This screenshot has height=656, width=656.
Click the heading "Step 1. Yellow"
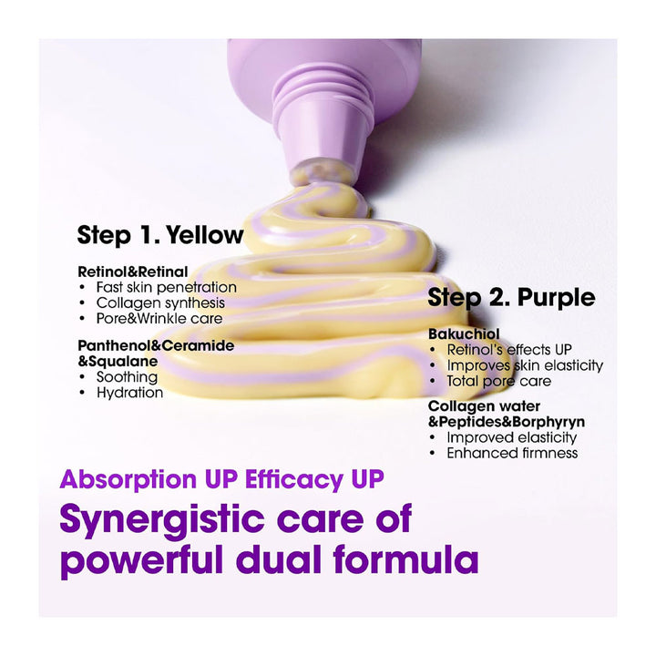coord(160,235)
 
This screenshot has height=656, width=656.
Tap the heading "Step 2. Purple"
coord(511,298)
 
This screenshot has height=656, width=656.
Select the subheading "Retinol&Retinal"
coord(133,272)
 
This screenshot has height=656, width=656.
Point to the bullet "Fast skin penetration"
coord(166,287)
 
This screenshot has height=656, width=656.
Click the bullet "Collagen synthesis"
coord(160,302)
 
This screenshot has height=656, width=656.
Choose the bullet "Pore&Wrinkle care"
coord(159,318)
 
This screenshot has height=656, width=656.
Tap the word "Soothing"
coord(127,377)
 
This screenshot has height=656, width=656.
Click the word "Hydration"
coord(129,393)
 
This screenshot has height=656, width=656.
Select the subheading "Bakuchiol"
coord(464,333)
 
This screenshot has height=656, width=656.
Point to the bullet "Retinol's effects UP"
coord(509,349)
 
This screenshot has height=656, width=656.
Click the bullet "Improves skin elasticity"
coord(525,365)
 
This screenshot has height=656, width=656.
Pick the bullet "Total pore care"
coord(498,381)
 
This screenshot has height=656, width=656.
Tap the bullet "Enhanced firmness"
coord(512,453)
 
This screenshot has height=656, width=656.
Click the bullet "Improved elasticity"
coord(512,437)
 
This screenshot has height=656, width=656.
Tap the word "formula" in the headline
coord(405,559)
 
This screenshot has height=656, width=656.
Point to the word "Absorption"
coord(128,479)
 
